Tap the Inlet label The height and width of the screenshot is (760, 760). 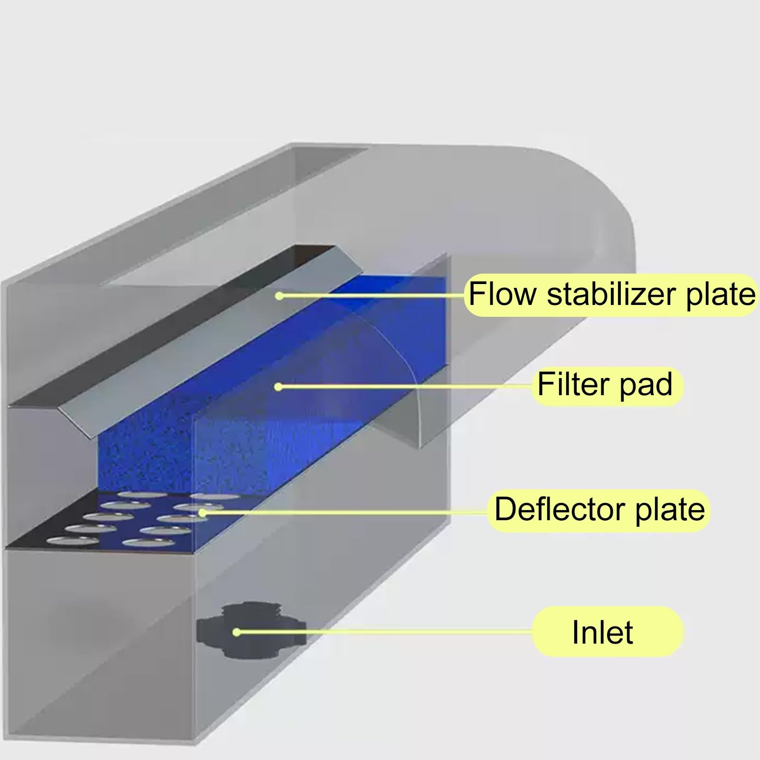(x=602, y=632)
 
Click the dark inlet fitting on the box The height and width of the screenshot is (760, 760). (x=251, y=630)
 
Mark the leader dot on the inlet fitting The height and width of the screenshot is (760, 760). (x=236, y=632)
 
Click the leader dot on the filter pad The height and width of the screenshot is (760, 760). (x=278, y=387)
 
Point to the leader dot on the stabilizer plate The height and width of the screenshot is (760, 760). (x=279, y=296)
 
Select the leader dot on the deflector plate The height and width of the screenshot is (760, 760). (x=202, y=513)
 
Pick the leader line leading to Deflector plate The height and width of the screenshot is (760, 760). (x=345, y=513)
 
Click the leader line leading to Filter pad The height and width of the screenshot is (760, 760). (x=406, y=387)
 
